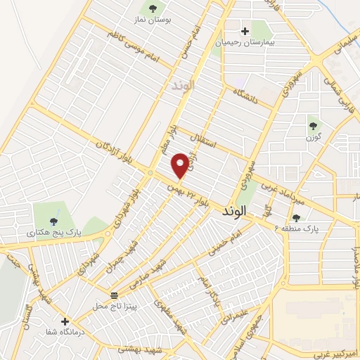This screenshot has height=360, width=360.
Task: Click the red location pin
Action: pyautogui.click(x=181, y=165)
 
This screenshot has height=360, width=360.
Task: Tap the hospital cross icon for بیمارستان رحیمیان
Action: pyautogui.click(x=245, y=31)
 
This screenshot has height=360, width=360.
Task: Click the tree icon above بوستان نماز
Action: pyautogui.click(x=153, y=9)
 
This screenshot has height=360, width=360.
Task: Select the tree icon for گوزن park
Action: pyautogui.click(x=313, y=126)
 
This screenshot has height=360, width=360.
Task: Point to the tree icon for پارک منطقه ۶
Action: pyautogui.click(x=297, y=218)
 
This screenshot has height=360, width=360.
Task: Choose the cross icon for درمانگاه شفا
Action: pyautogui.click(x=65, y=321)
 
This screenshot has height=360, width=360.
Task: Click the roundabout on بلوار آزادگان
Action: pyautogui.click(x=150, y=172)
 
